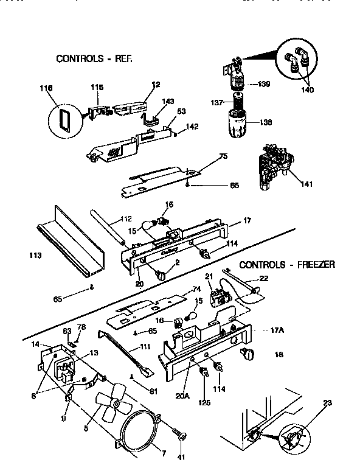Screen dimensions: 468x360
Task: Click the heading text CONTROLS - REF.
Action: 94,59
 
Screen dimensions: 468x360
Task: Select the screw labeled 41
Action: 180,435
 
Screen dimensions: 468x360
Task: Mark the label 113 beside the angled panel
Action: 35,255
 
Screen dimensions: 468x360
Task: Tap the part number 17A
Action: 277,330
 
